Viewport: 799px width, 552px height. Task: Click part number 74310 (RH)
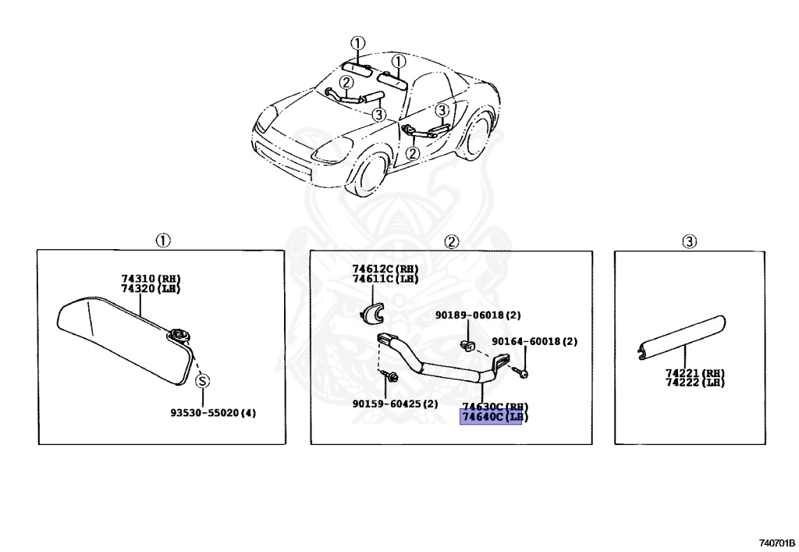pos(156,279)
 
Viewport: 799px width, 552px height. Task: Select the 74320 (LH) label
pos(156,288)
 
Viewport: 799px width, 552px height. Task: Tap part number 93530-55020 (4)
pos(213,412)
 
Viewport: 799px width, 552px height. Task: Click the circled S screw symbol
pos(202,381)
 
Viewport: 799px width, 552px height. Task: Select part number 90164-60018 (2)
pos(534,342)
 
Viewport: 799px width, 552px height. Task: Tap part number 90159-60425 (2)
pos(395,404)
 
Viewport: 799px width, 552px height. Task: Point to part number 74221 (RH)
pos(695,374)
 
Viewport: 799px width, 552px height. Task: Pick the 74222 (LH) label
pos(695,383)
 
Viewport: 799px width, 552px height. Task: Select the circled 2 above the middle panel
pos(451,241)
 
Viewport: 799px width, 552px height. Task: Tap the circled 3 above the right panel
pos(689,241)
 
